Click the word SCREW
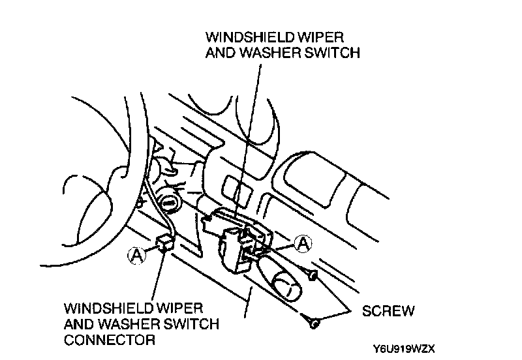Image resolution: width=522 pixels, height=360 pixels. (x=388, y=310)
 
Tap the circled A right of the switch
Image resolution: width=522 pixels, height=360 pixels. (x=303, y=243)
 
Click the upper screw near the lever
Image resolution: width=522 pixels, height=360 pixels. (x=314, y=277)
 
